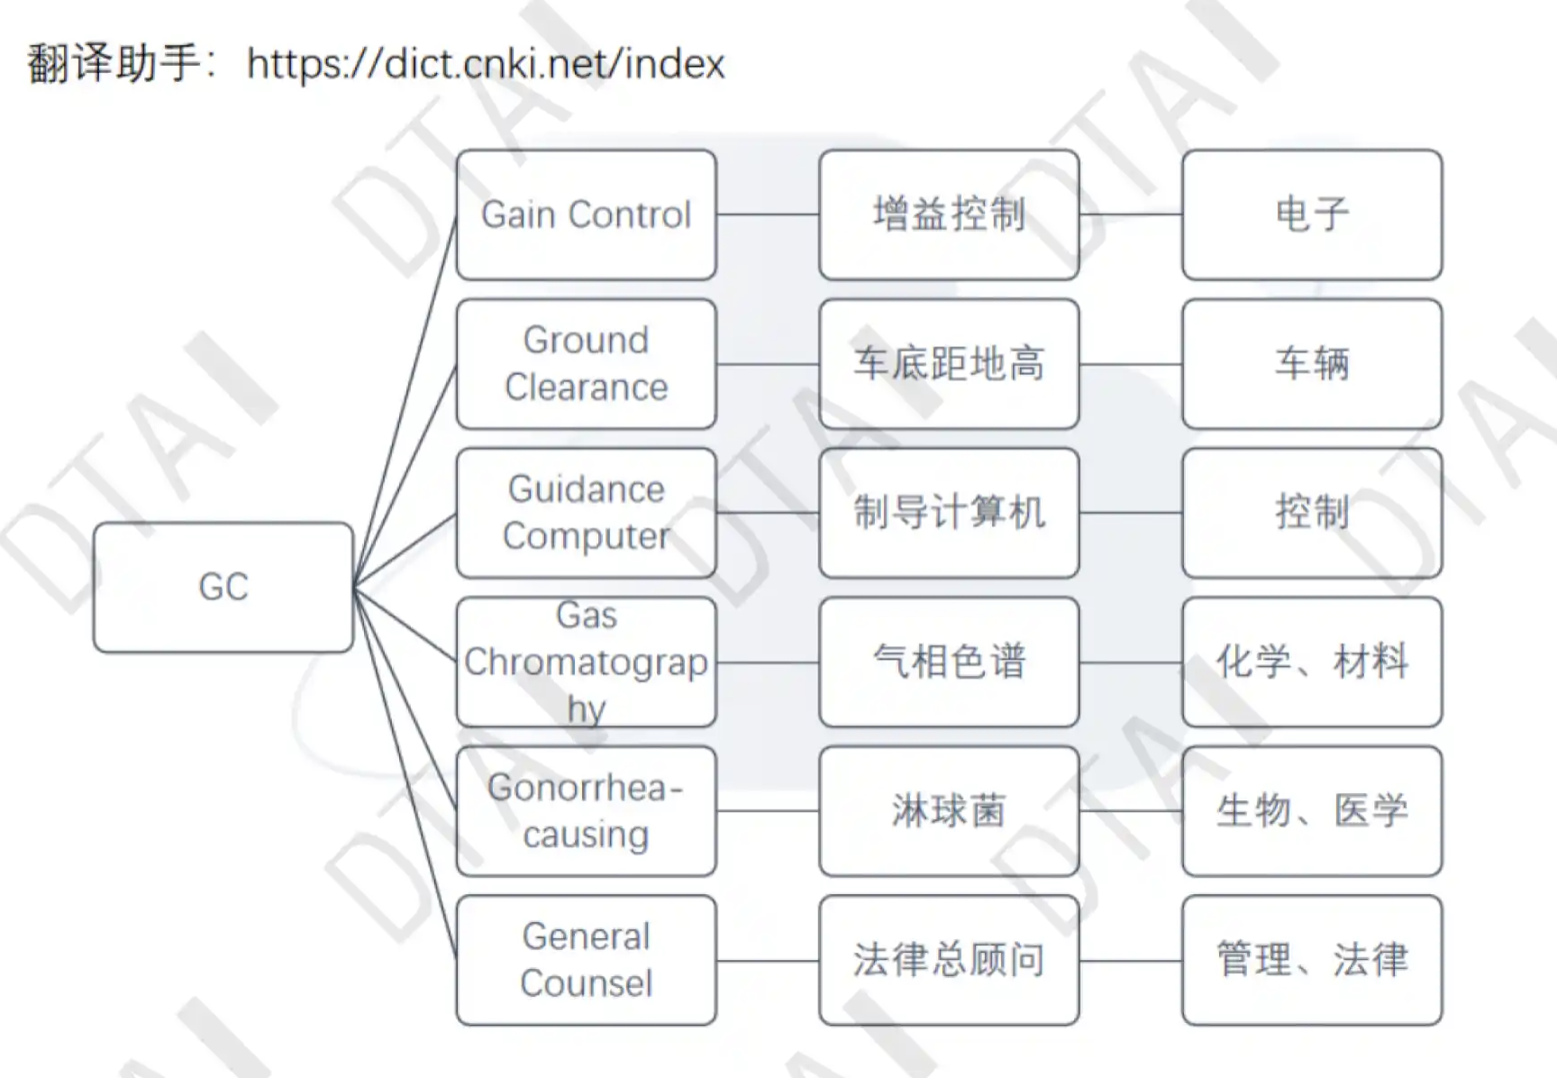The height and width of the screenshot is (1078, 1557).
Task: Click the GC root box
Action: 223,587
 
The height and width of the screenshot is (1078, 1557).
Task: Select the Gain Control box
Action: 586,215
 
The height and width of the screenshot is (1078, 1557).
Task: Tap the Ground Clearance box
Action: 586,363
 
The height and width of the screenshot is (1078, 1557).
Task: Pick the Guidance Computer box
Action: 586,512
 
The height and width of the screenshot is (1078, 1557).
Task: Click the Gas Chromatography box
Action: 586,662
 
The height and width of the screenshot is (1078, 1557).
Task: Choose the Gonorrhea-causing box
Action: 586,810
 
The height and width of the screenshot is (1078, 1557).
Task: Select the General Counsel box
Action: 586,959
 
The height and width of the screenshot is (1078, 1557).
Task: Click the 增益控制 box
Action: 949,215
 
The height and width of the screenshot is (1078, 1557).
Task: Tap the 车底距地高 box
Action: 949,363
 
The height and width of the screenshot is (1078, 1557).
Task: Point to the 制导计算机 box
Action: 949,512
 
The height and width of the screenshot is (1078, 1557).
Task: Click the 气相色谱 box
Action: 949,662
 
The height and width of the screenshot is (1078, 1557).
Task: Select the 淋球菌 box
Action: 949,810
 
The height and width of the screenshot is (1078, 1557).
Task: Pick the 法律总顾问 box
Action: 949,959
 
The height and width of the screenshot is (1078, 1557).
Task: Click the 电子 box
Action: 1312,215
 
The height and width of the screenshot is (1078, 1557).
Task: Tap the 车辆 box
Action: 1312,363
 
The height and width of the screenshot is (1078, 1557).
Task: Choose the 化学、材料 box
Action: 1312,662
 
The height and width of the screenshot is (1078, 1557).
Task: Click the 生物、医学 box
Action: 1312,810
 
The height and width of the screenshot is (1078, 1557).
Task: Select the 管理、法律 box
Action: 1312,959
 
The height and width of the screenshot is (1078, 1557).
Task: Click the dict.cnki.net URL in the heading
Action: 486,64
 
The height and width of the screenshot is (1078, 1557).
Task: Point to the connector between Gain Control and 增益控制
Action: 768,215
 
